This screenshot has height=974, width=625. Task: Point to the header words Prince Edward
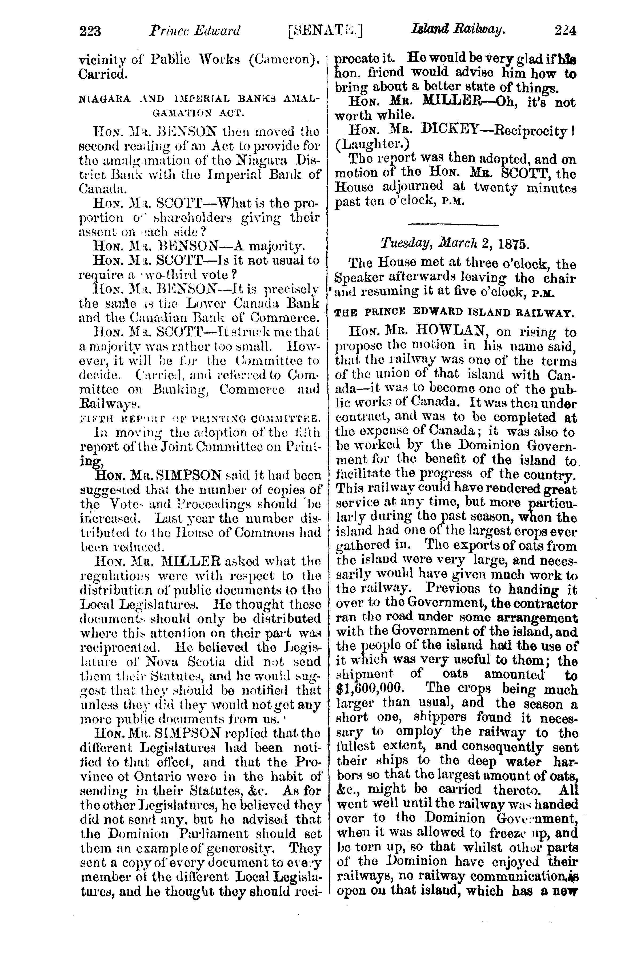click(x=195, y=31)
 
